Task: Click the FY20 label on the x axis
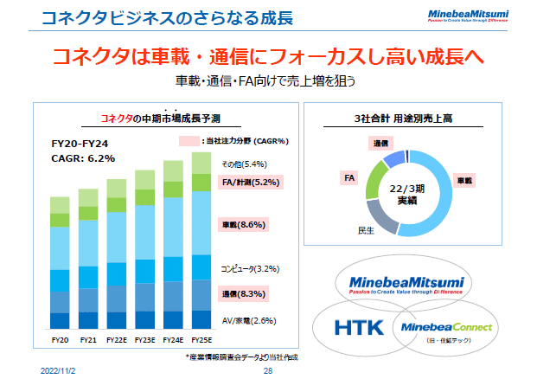pyautogui.click(x=60, y=340)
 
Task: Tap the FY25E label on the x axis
pyautogui.click(x=201, y=340)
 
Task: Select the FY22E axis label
pyautogui.click(x=117, y=340)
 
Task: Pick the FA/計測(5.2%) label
pyautogui.click(x=248, y=183)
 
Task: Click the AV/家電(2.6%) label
pyautogui.click(x=248, y=320)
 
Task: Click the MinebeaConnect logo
pyautogui.click(x=442, y=328)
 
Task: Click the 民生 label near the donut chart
pyautogui.click(x=365, y=229)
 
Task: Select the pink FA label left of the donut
pyautogui.click(x=350, y=177)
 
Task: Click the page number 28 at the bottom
pyautogui.click(x=268, y=369)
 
